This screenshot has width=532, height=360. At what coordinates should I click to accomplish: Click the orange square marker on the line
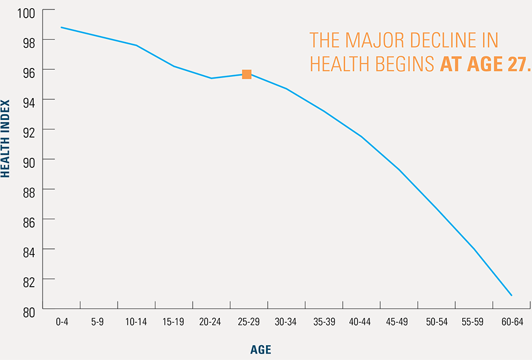(x=246, y=74)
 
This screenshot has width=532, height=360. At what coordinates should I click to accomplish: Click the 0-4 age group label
(x=61, y=322)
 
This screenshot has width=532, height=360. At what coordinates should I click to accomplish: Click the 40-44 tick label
(x=359, y=322)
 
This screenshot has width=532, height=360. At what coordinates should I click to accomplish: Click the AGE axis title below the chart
(x=260, y=349)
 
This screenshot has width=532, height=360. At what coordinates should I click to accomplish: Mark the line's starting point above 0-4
(x=61, y=27)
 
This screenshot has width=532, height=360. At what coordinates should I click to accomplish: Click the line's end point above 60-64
(x=511, y=295)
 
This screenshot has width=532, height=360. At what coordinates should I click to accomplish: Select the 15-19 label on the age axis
(x=173, y=322)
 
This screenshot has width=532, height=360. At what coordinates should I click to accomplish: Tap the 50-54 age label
(x=435, y=322)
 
